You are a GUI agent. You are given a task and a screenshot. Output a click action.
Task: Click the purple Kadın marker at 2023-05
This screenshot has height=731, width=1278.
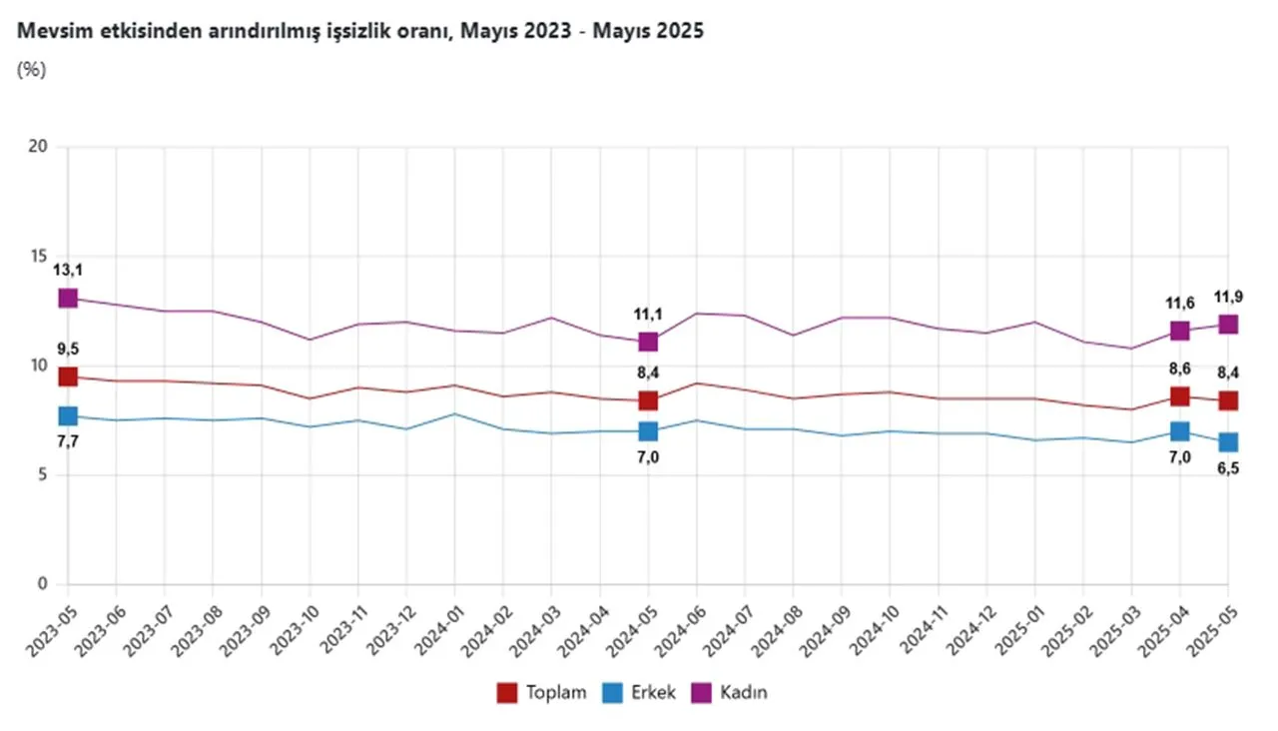[x=68, y=298]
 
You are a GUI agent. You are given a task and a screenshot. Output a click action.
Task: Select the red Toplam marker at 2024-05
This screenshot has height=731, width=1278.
[x=648, y=400]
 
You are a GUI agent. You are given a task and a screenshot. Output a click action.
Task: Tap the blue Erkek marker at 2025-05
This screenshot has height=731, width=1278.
[x=1228, y=441]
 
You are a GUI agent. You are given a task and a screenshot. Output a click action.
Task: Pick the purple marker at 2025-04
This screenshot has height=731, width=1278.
[x=1180, y=331]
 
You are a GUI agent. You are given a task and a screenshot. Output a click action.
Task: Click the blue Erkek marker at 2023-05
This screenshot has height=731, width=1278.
[x=68, y=415]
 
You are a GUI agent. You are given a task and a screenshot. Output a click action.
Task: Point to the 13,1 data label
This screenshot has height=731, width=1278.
[x=68, y=270]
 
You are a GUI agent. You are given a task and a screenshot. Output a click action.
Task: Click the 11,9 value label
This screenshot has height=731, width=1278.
[x=1228, y=297]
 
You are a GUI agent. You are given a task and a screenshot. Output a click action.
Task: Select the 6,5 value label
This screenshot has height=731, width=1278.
[x=1228, y=469]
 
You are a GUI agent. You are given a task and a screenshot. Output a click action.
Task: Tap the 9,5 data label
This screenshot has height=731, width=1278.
[x=68, y=349]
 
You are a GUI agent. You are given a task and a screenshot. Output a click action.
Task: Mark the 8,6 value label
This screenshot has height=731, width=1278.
[x=1180, y=368]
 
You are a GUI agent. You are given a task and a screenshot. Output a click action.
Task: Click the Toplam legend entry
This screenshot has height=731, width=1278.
[x=542, y=692]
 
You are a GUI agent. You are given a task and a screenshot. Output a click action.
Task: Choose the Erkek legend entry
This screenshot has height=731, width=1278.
[x=639, y=692]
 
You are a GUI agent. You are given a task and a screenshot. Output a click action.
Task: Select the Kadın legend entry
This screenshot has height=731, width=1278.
[x=732, y=692]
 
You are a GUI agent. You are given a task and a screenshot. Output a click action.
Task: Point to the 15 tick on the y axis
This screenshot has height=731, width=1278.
[x=40, y=257]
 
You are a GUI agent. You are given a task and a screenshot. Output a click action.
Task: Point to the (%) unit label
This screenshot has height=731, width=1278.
[x=32, y=70]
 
